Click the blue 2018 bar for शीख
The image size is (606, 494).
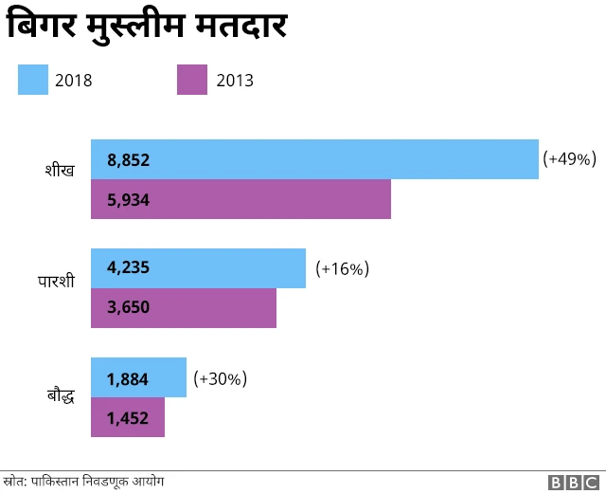click(x=314, y=159)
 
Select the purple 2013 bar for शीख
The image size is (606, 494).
click(x=241, y=199)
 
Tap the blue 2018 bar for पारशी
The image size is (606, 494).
click(x=198, y=268)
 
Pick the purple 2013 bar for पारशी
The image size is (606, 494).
click(x=184, y=308)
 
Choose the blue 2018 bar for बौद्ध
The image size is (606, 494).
click(x=138, y=378)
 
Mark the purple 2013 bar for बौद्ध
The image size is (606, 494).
click(x=128, y=417)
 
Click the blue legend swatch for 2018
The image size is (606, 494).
click(x=33, y=80)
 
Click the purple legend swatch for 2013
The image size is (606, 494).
click(x=192, y=80)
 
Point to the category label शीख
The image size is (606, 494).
click(x=60, y=171)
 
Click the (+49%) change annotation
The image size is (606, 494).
click(x=568, y=159)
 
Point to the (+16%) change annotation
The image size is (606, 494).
click(x=342, y=268)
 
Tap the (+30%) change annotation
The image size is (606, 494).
click(x=220, y=378)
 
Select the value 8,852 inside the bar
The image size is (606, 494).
click(x=129, y=160)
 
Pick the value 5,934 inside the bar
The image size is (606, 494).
click(x=129, y=200)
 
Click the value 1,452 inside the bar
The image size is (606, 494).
click(x=128, y=418)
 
